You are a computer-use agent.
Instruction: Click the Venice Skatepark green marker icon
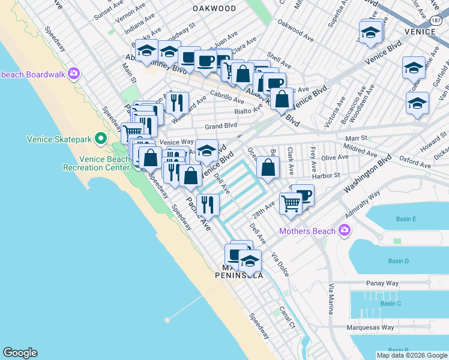(x=101, y=139)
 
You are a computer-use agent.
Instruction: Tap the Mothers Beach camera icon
(x=344, y=230)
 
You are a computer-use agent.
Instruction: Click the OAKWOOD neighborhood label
(x=214, y=8)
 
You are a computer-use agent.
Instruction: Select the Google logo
(x=20, y=353)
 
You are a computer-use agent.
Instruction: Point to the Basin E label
(x=406, y=220)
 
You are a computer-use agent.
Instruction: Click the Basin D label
(x=398, y=261)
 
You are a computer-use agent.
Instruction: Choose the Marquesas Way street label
(x=370, y=328)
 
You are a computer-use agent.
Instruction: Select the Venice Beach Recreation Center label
(x=104, y=163)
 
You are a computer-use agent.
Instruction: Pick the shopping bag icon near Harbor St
(x=268, y=167)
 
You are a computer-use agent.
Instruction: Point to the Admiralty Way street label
(x=363, y=205)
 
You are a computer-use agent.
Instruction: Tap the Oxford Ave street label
(x=415, y=164)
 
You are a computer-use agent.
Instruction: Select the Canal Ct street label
(x=288, y=319)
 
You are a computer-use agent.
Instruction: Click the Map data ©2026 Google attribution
(x=412, y=355)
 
